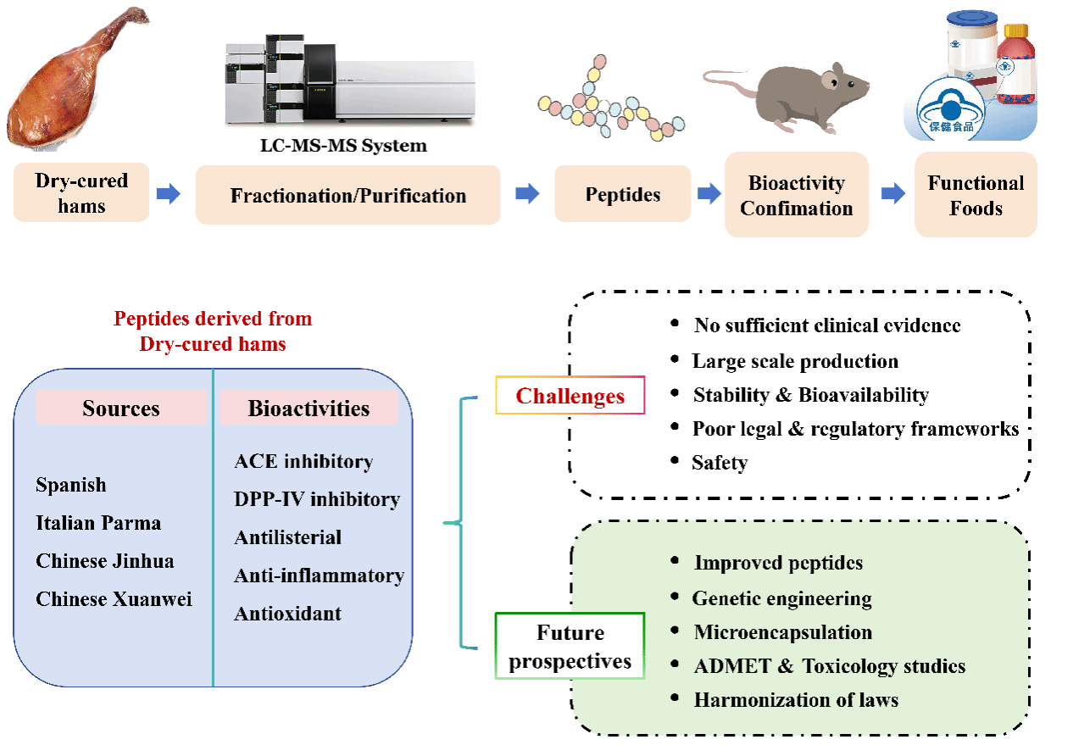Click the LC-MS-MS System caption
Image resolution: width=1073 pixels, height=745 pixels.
pyautogui.click(x=343, y=145)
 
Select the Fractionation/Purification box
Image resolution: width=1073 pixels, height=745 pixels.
pyautogui.click(x=347, y=196)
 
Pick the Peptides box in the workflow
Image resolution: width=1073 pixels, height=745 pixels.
pyautogui.click(x=623, y=195)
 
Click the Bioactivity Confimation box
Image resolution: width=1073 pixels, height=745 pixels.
pyautogui.click(x=796, y=195)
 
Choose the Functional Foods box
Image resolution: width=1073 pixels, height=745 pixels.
pyautogui.click(x=976, y=195)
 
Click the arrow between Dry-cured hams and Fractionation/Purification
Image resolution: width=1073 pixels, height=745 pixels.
pyautogui.click(x=169, y=195)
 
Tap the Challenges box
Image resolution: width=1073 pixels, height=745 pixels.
pyautogui.click(x=570, y=396)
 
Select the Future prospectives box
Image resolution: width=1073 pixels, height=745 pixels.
pyautogui.click(x=570, y=647)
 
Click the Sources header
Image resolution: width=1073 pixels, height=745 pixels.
pyautogui.click(x=120, y=409)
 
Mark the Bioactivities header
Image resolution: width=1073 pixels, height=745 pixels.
pyautogui.click(x=309, y=409)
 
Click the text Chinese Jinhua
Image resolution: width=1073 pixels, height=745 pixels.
pyautogui.click(x=105, y=561)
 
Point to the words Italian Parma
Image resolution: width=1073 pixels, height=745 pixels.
pyautogui.click(x=98, y=523)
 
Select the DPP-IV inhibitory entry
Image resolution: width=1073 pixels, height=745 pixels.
pyautogui.click(x=317, y=499)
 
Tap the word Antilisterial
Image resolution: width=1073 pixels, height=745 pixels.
pyautogui.click(x=287, y=537)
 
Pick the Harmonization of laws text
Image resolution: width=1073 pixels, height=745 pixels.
pyautogui.click(x=796, y=700)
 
